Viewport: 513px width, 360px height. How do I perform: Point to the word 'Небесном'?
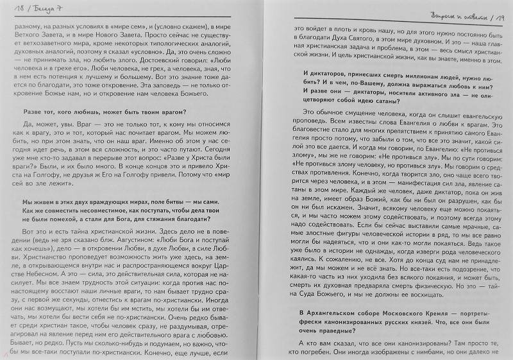click(38, 275)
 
